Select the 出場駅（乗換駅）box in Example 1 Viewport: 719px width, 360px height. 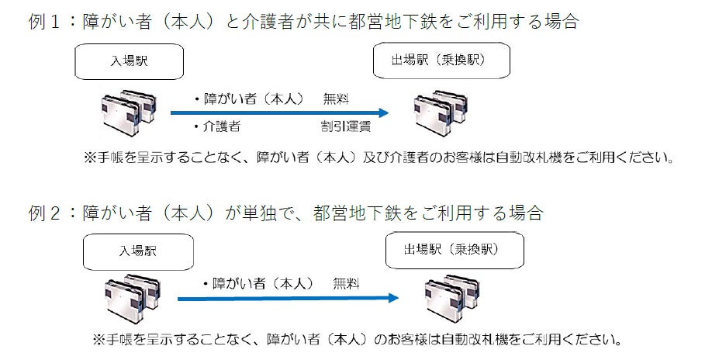click(x=441, y=61)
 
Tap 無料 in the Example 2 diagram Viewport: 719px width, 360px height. click(x=346, y=283)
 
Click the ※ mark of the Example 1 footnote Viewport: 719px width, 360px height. click(x=89, y=157)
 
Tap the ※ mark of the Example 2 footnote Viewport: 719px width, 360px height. click(x=99, y=340)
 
